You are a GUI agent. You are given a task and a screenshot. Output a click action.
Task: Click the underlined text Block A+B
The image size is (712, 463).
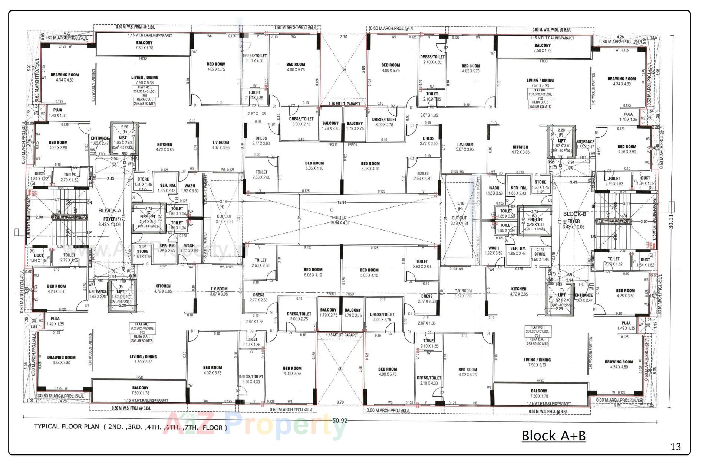pos(553,435)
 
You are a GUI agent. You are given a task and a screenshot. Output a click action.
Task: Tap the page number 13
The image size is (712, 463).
pos(676,447)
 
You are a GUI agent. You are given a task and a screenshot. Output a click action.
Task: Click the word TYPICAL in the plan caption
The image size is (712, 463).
pos(46,426)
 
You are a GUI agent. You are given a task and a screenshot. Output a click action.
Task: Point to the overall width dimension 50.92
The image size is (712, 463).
pos(340,421)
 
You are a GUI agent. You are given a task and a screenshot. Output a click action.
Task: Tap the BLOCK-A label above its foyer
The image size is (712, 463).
pos(110,211)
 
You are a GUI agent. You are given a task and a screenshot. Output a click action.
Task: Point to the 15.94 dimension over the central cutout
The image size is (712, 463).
pos(342,203)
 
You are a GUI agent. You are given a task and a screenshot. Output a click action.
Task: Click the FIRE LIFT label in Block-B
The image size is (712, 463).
pos(534,220)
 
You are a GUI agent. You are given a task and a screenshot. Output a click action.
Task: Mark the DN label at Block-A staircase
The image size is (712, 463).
pos(89,203)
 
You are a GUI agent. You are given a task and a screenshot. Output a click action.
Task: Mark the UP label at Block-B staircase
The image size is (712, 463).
pos(594,206)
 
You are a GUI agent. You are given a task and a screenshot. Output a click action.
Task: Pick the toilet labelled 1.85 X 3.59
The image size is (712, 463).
pos(506,213)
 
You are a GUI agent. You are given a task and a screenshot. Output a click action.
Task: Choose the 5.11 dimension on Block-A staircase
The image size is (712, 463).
pos(57,199)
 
